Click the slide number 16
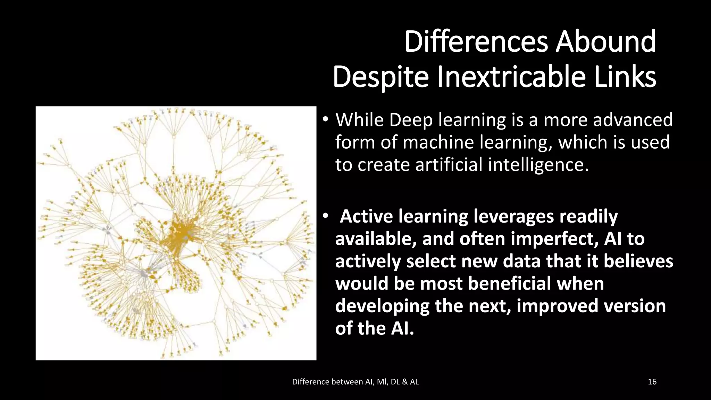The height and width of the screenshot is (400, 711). click(x=652, y=382)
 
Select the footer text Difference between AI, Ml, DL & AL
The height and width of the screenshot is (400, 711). click(x=355, y=382)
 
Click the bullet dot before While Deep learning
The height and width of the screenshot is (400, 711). click(x=325, y=120)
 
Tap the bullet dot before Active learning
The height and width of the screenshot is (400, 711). click(x=325, y=216)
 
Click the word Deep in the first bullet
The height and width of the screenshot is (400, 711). click(x=411, y=120)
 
